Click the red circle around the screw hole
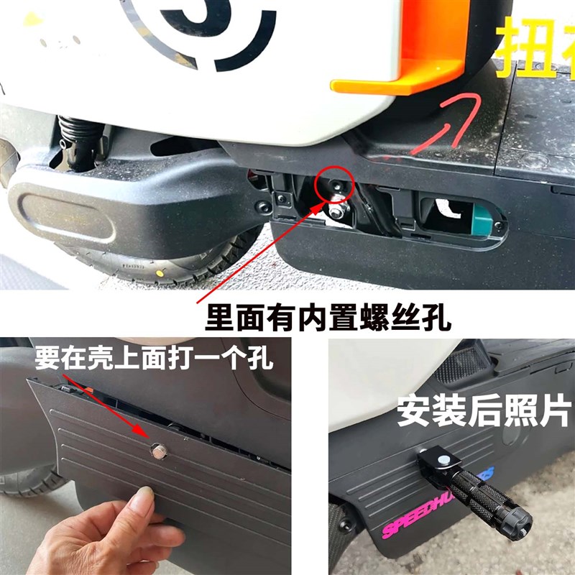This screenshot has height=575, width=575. coord(333,183)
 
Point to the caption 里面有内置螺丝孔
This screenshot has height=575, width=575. coord(328,316)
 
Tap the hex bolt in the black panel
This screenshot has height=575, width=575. coord(157,451)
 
